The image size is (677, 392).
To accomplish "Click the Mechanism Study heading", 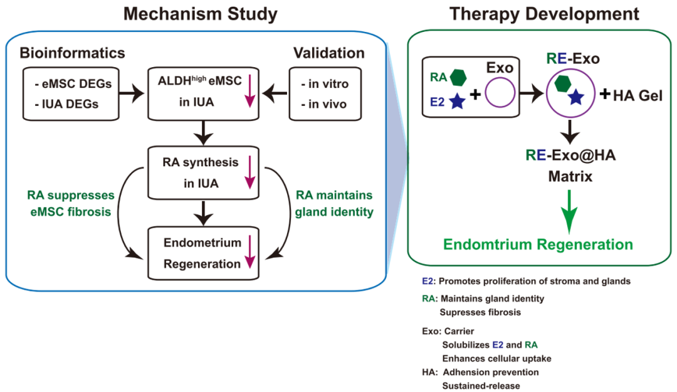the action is click(x=201, y=14).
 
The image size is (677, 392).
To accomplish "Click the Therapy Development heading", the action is click(x=544, y=14).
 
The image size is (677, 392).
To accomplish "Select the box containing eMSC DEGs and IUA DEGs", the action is click(x=71, y=93).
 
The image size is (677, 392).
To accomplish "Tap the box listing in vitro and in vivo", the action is click(x=325, y=93).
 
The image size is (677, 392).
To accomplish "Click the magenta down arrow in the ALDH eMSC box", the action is click(x=250, y=91).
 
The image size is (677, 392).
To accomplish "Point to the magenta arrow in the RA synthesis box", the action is click(x=250, y=172).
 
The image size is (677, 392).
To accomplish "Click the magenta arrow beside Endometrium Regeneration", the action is click(x=250, y=252).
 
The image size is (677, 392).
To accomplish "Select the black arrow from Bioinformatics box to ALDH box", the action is click(x=132, y=93).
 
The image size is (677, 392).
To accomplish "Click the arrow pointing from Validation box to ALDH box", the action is click(x=275, y=93).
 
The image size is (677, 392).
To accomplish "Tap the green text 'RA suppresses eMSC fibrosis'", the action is click(x=71, y=203).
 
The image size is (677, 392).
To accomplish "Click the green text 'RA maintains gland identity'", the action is click(x=334, y=203).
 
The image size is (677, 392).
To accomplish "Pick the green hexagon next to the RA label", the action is click(x=458, y=77).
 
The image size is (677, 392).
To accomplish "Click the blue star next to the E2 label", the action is click(x=457, y=102).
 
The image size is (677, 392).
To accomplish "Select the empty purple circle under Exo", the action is click(x=500, y=92).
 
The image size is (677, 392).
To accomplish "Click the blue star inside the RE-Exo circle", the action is click(x=576, y=97).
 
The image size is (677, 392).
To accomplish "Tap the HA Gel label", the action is click(x=638, y=95).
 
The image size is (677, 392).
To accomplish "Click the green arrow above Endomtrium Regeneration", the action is click(x=569, y=211).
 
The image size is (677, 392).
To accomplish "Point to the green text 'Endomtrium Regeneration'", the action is click(x=538, y=245).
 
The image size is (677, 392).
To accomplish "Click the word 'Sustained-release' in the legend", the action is click(x=481, y=386).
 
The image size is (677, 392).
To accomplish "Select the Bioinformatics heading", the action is click(x=72, y=53).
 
